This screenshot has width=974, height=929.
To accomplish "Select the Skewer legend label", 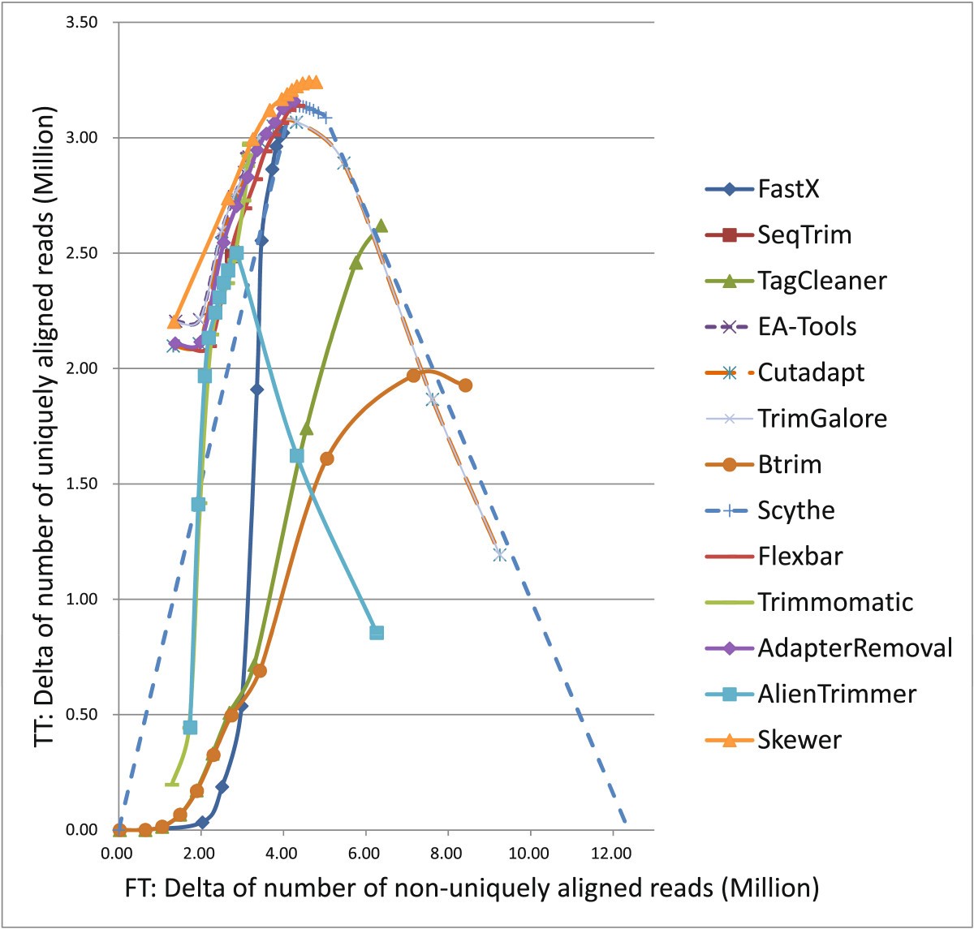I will (x=799, y=739).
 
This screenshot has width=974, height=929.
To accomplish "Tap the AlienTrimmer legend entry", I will (x=836, y=694).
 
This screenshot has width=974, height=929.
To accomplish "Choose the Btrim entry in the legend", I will (x=789, y=465).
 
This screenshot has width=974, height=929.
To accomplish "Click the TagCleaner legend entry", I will (x=821, y=281).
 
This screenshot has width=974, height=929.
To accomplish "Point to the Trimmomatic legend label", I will (x=835, y=602).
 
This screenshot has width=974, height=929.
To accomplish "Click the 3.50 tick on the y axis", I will (x=80, y=22).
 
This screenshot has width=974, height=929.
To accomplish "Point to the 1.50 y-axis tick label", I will (x=80, y=484).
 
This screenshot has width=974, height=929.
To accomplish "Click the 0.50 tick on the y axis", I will (x=80, y=715).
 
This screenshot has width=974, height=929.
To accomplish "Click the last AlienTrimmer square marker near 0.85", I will (x=377, y=633).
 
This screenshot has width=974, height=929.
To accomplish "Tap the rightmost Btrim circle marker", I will (x=465, y=385).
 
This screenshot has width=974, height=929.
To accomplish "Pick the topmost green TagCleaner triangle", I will (x=381, y=226).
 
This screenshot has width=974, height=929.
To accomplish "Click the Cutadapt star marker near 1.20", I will (x=499, y=554).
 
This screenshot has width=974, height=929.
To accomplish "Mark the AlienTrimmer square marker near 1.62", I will (x=297, y=456).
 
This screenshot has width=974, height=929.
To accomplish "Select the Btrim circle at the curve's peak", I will (x=414, y=375).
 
